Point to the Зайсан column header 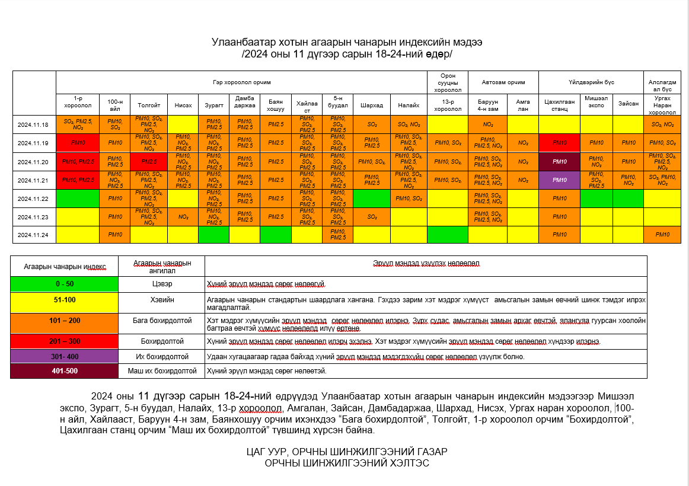point(628,103)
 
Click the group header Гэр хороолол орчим point(241,82)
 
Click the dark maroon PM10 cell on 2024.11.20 point(559,161)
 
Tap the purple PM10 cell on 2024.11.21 point(559,180)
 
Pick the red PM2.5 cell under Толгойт point(149,161)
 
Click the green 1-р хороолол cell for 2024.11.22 point(77,198)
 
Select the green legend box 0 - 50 point(65,284)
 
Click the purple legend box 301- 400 point(65,357)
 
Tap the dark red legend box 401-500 point(65,371)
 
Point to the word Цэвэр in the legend point(162,284)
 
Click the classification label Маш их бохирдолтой point(162,371)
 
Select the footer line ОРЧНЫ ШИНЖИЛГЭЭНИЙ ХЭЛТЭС point(346,463)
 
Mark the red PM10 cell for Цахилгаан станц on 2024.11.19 point(559,143)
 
